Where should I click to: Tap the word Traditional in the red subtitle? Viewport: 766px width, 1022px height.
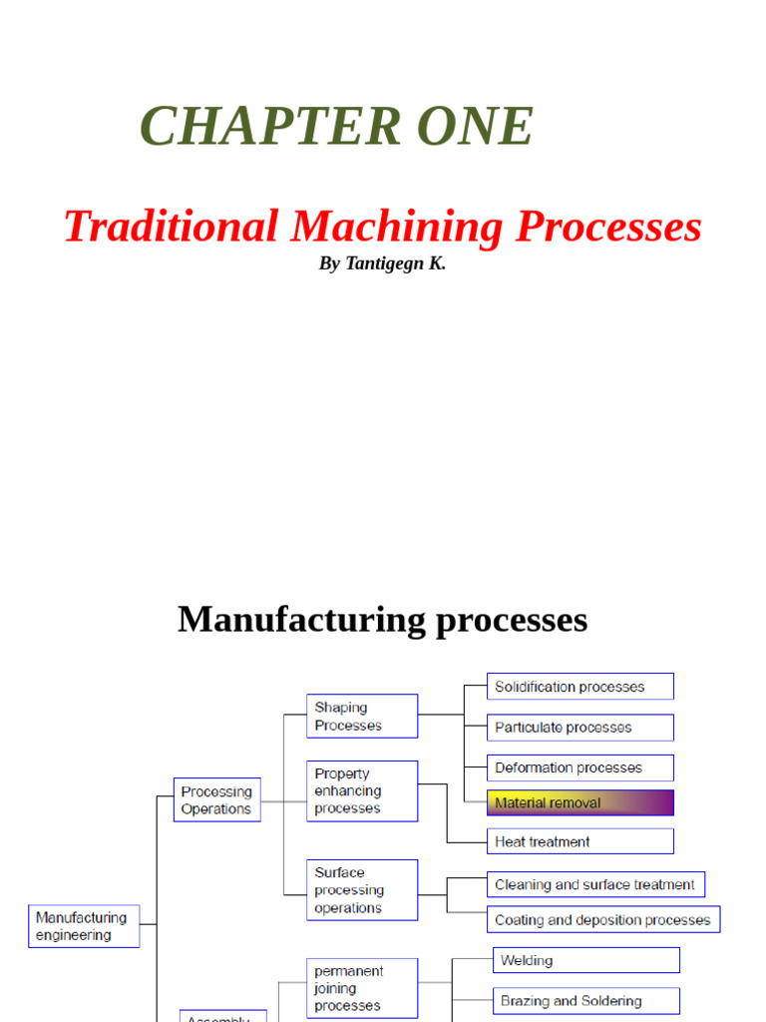[171, 227]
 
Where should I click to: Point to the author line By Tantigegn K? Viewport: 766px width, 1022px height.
[382, 264]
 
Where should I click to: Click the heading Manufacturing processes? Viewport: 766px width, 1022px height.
[382, 619]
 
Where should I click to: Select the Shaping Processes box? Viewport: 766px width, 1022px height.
[361, 717]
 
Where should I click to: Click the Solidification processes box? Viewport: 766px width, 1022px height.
[579, 687]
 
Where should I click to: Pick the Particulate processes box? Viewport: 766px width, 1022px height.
[579, 728]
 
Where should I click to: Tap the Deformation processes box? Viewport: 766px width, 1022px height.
[579, 767]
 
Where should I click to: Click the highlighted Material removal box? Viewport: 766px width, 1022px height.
[579, 802]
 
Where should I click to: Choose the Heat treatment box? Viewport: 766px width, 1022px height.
[579, 841]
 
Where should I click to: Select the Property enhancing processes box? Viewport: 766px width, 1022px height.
[361, 790]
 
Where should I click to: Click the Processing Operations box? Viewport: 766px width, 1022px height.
[216, 799]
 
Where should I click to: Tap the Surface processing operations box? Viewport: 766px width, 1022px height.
[361, 889]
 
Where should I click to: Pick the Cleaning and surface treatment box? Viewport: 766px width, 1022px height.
[595, 884]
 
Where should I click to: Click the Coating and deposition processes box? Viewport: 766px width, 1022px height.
[603, 919]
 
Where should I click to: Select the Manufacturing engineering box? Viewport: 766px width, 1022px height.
[84, 926]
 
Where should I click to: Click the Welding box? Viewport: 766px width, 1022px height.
[585, 960]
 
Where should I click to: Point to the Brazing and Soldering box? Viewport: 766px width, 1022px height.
[585, 1000]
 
